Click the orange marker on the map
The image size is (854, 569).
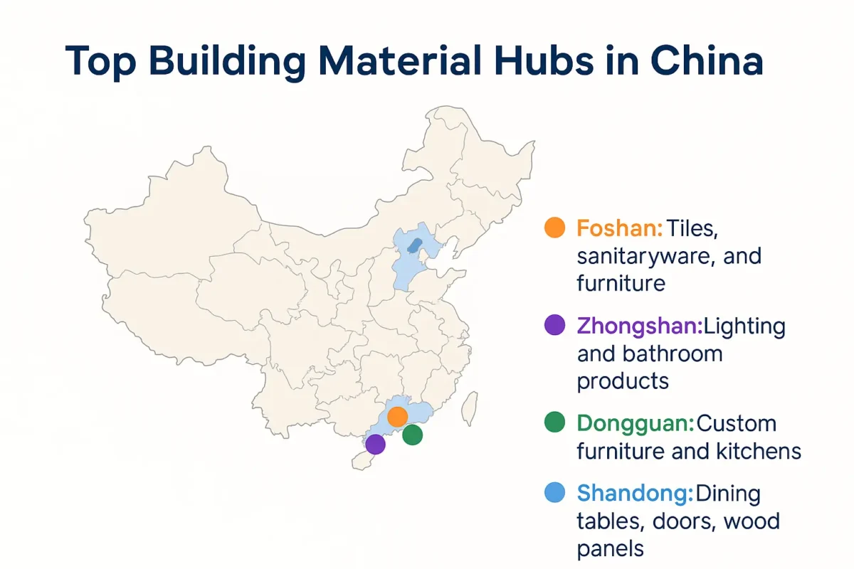click(397, 417)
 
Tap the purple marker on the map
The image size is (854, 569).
click(375, 445)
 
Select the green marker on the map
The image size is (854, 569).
click(413, 435)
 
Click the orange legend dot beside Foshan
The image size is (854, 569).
click(554, 228)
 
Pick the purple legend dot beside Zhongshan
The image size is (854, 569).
click(554, 326)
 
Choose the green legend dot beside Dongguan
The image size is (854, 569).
click(554, 423)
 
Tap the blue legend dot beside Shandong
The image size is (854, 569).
click(554, 492)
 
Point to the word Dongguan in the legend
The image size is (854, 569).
click(635, 424)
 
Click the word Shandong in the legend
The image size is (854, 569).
click(634, 493)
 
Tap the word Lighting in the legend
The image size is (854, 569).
click(744, 326)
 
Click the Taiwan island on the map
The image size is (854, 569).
click(469, 408)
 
